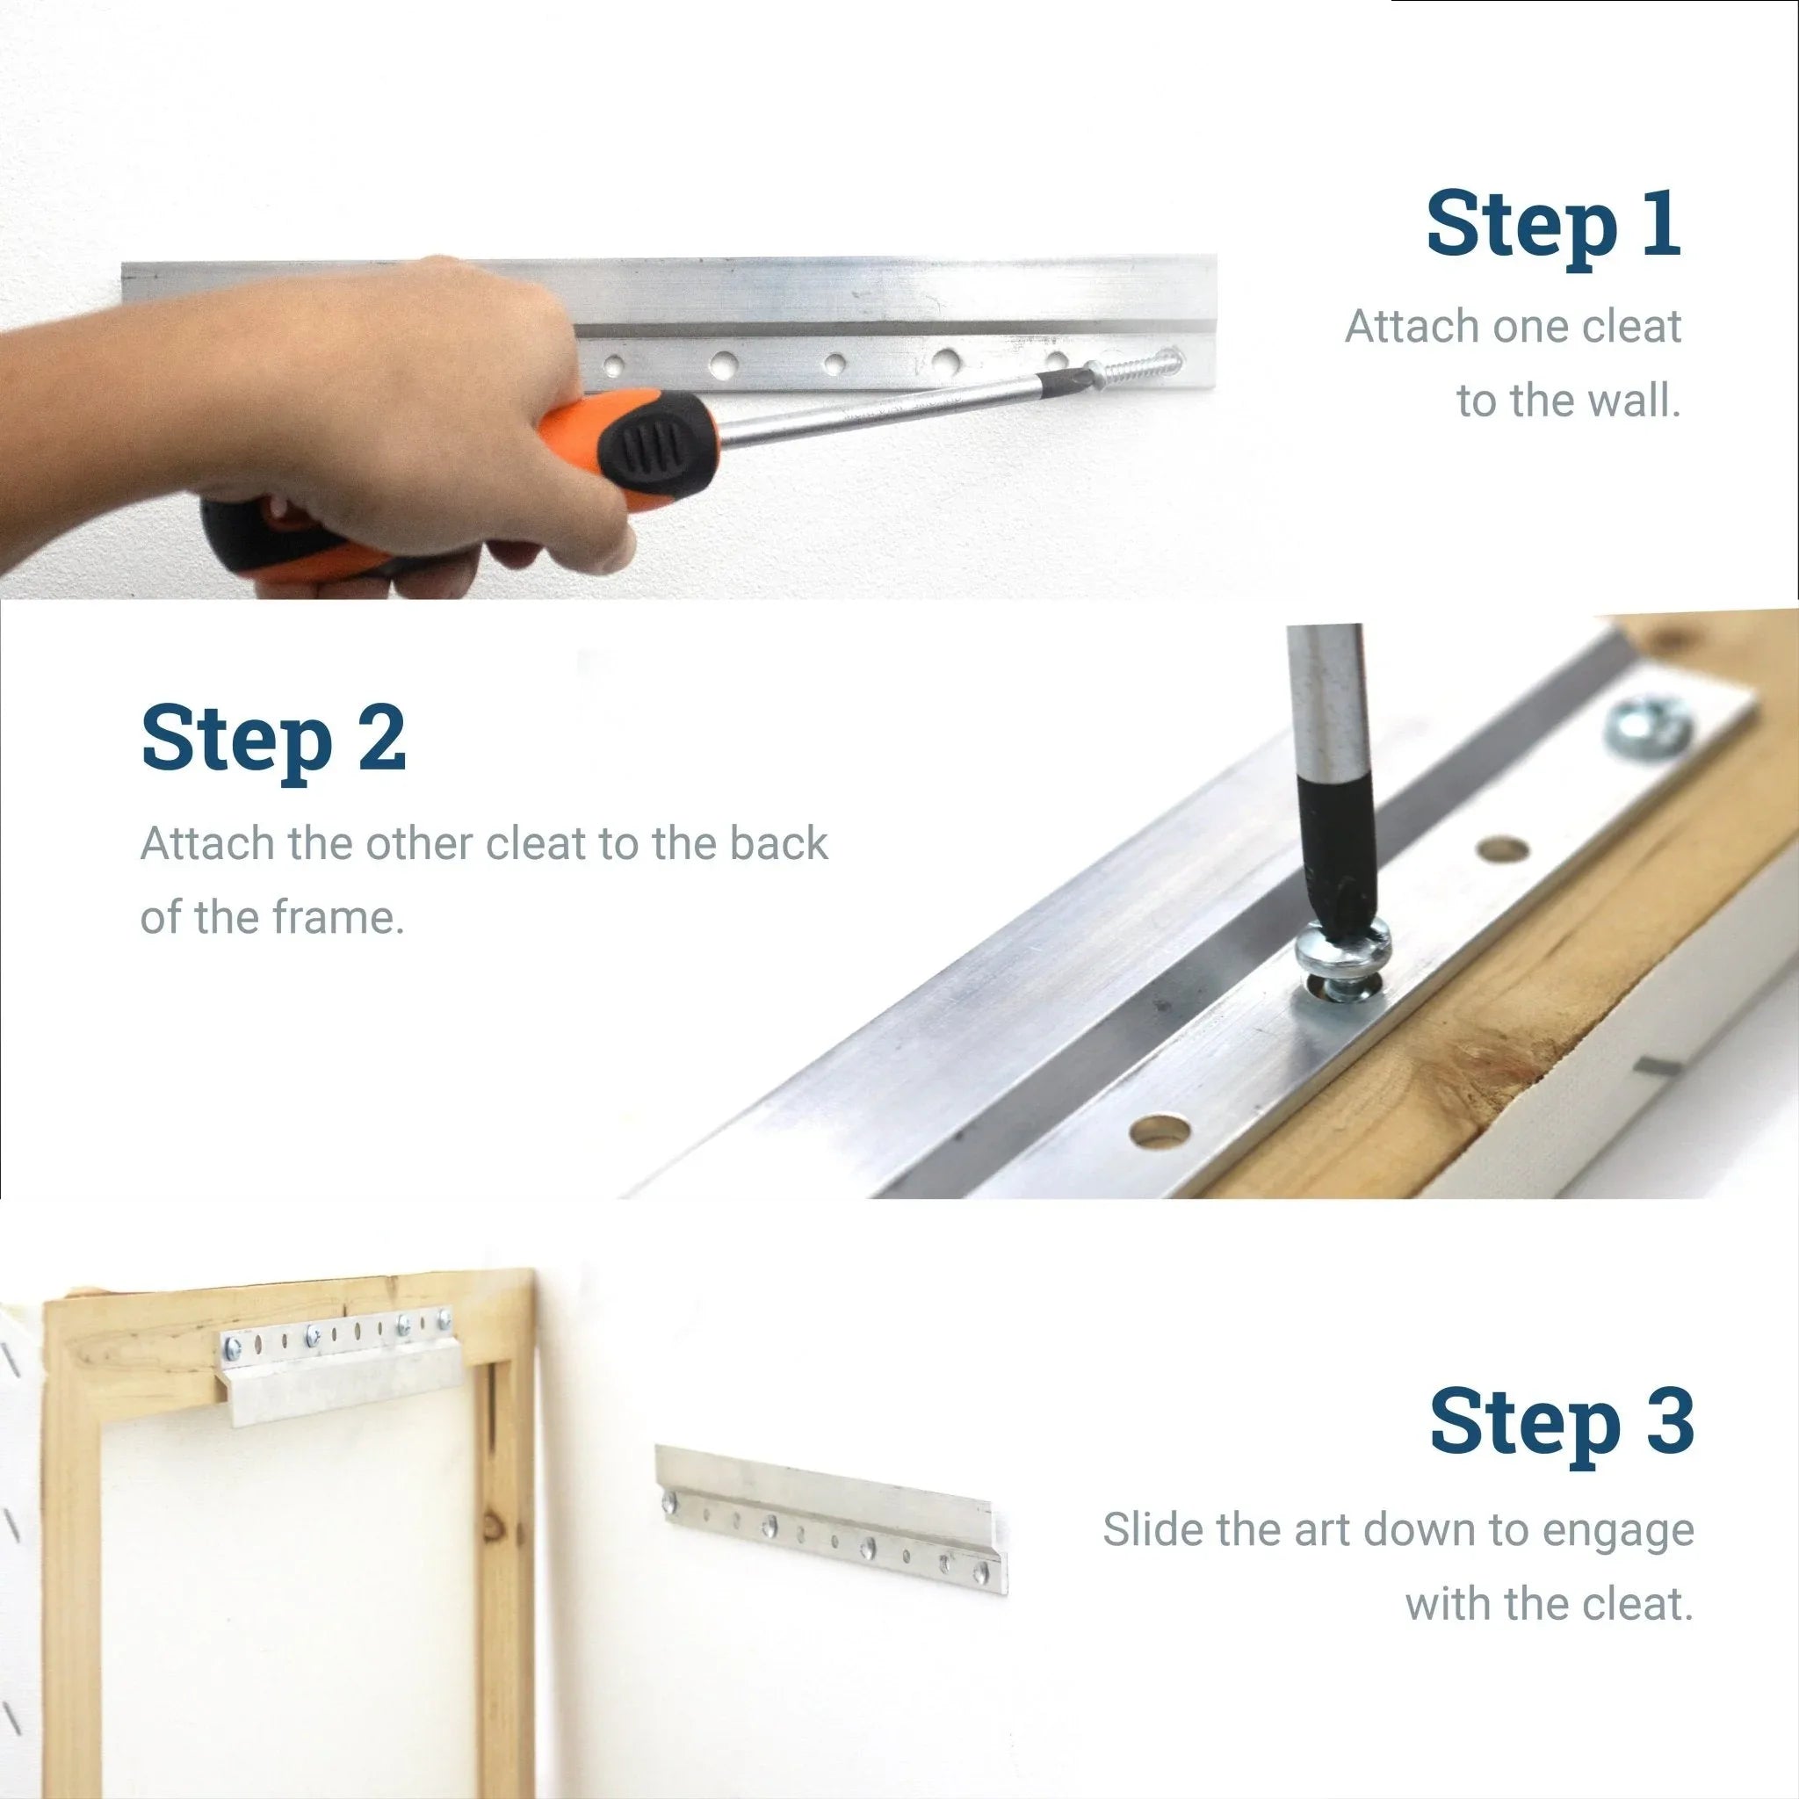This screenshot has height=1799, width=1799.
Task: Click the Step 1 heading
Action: [x=1553, y=226]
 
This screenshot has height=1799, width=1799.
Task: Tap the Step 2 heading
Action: [x=274, y=741]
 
